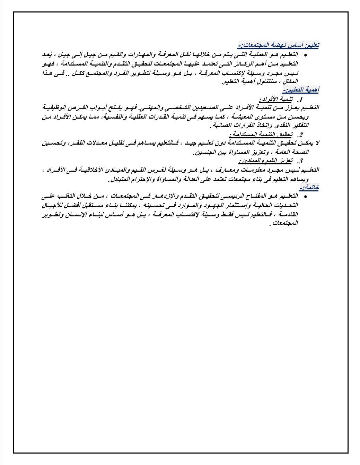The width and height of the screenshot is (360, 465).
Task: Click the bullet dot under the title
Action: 305,55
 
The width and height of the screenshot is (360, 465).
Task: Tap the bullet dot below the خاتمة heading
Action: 305,197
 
